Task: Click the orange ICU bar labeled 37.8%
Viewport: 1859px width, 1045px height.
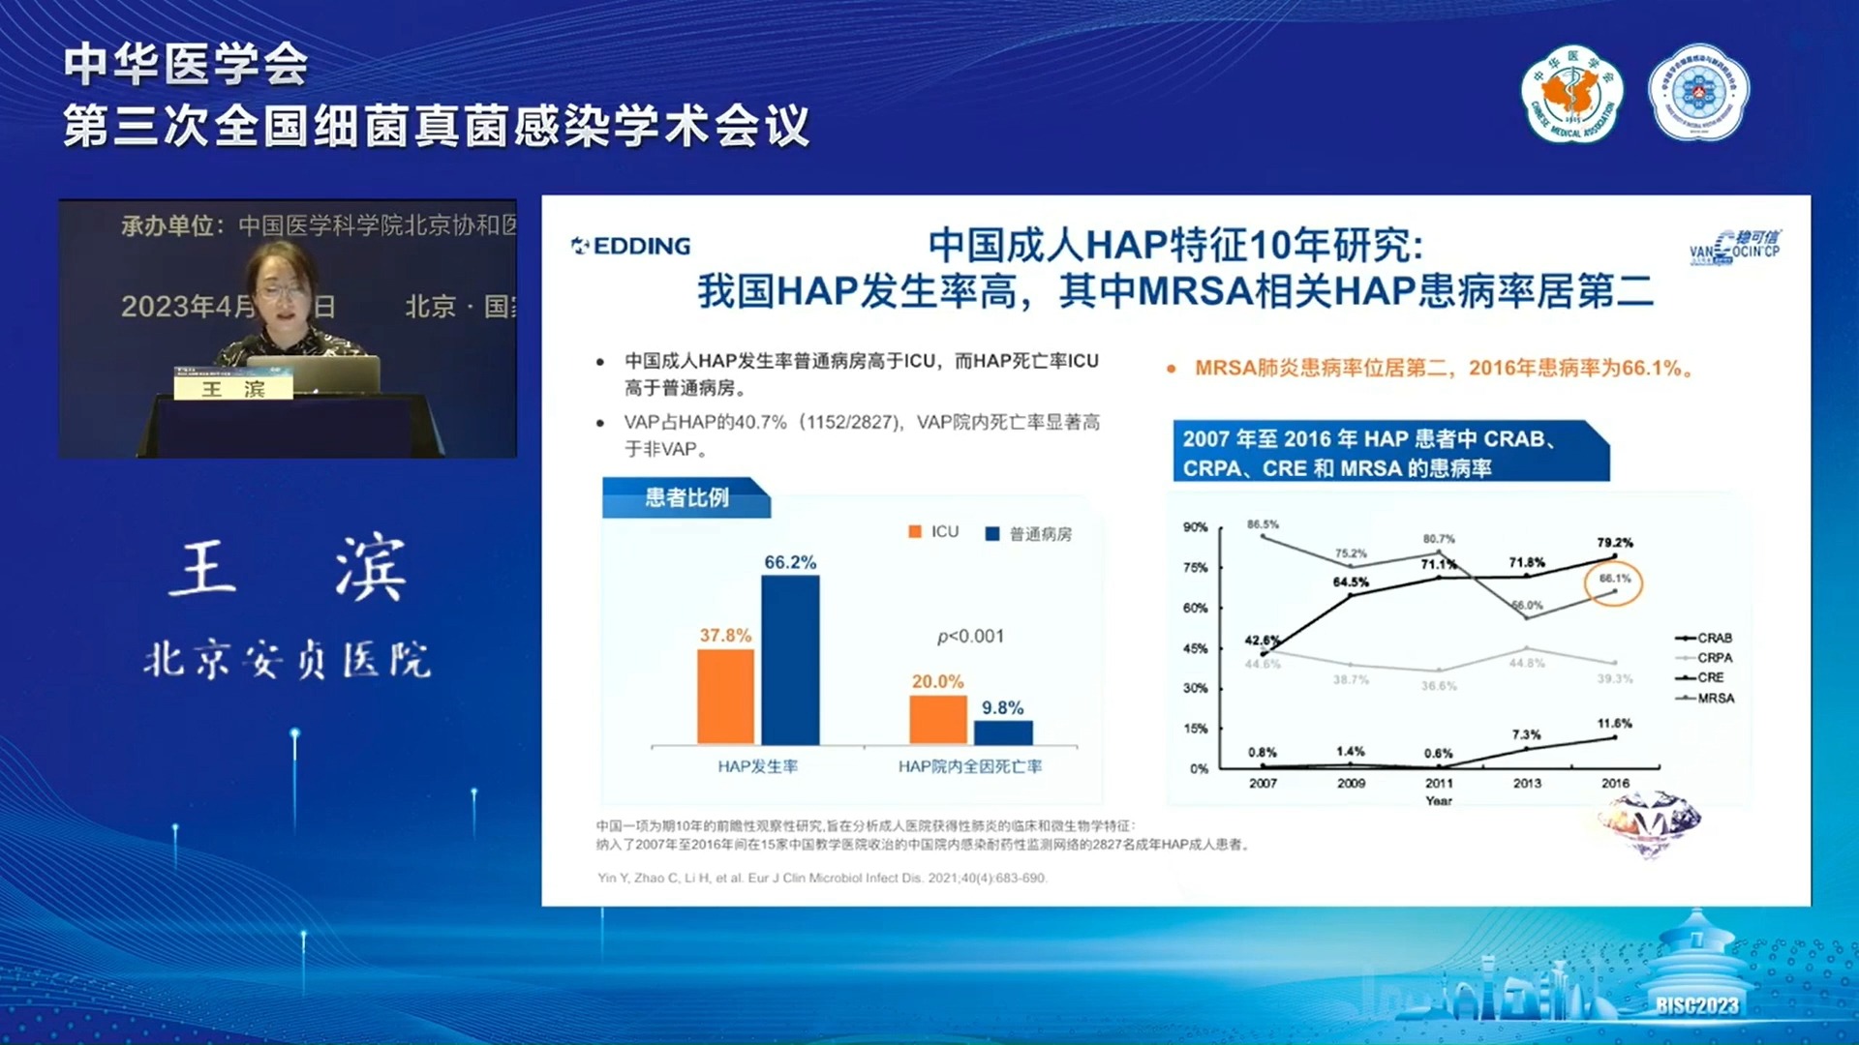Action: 725,697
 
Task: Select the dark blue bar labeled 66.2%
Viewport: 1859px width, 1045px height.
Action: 790,660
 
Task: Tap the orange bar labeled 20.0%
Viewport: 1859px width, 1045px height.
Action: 937,720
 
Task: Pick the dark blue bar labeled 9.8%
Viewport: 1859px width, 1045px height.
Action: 1003,732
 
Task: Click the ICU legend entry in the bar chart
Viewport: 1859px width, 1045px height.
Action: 933,532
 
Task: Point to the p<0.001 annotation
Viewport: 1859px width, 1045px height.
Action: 970,637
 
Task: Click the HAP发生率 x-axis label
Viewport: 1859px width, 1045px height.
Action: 757,766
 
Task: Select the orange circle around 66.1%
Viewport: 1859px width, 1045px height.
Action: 1613,583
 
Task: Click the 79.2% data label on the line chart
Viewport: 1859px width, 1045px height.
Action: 1614,543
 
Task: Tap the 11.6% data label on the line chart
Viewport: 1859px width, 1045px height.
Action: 1614,723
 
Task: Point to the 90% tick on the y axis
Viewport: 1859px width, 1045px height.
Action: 1195,527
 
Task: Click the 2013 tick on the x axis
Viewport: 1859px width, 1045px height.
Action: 1527,783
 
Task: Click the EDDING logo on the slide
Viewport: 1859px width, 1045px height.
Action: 631,246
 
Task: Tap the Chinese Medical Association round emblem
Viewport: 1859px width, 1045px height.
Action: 1571,94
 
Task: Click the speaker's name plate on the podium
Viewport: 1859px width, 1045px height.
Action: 233,389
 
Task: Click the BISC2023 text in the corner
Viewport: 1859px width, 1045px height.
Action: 1696,1005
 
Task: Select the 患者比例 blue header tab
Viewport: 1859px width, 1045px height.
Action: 686,497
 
